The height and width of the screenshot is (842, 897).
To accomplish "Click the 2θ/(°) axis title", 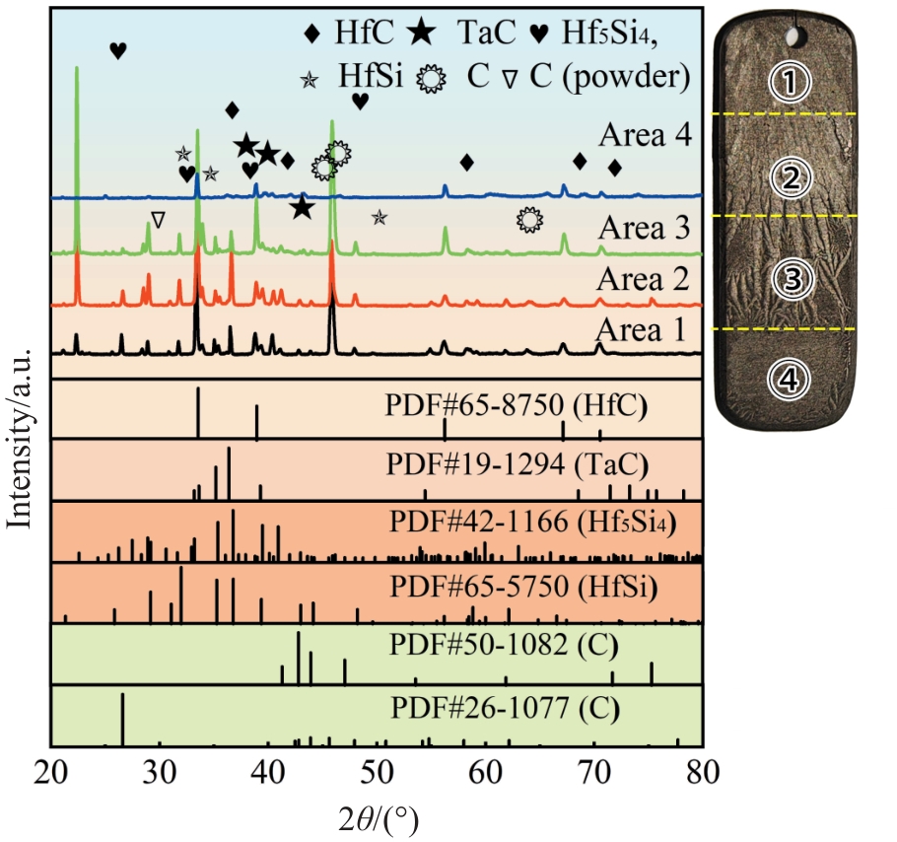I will point(377,817).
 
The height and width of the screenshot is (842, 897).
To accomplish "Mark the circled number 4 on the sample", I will point(790,378).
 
